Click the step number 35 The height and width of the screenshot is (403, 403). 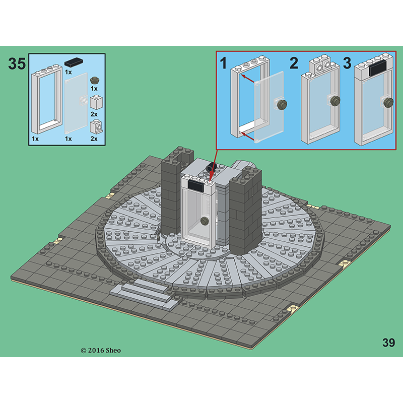(x=17, y=63)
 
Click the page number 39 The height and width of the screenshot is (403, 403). (x=388, y=343)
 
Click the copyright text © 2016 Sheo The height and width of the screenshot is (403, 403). (x=100, y=350)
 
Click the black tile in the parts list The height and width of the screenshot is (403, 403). (x=74, y=62)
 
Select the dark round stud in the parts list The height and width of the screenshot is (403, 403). (x=95, y=80)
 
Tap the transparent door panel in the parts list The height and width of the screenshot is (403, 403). (x=76, y=103)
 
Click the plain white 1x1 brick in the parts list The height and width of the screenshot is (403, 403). (x=96, y=102)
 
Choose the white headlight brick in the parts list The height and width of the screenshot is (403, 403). (x=96, y=127)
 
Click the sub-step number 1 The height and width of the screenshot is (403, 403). (x=224, y=63)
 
